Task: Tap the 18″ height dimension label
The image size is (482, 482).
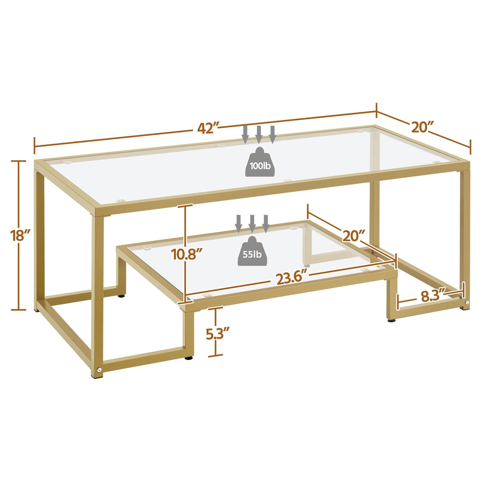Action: tap(19, 235)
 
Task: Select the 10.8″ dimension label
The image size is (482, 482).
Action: tap(186, 254)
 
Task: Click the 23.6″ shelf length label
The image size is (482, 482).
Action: tap(291, 278)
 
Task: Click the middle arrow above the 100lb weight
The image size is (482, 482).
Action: tap(259, 134)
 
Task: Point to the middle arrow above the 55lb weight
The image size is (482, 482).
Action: tap(252, 223)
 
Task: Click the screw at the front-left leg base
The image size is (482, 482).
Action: tap(99, 370)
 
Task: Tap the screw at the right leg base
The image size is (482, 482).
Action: tap(467, 303)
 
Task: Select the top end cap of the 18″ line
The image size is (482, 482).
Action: tap(19, 161)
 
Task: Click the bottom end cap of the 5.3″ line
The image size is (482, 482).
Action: tap(215, 356)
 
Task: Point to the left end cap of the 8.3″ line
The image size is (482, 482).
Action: tap(397, 303)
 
